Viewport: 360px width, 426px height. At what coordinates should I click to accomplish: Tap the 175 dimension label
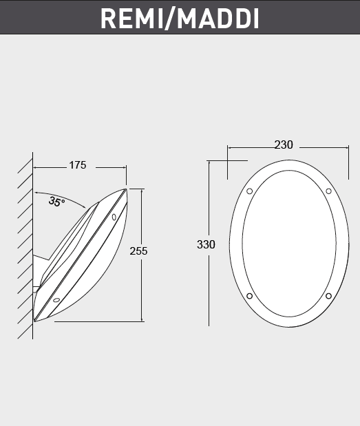77,165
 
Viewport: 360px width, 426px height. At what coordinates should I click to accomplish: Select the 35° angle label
56,202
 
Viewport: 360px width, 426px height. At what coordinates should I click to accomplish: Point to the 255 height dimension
138,251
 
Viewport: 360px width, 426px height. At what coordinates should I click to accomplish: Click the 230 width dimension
283,145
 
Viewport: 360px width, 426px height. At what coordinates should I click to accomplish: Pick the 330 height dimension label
206,244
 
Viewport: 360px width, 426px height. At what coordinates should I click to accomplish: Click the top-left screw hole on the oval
249,191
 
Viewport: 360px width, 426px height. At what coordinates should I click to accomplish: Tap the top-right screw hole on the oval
328,191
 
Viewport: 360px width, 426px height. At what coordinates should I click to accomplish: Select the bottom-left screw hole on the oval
249,297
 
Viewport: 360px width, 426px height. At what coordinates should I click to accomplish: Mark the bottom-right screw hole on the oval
328,297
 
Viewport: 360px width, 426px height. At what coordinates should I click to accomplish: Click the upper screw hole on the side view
114,217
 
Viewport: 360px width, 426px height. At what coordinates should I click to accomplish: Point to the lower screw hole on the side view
56,300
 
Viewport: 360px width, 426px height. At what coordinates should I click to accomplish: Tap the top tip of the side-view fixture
126,189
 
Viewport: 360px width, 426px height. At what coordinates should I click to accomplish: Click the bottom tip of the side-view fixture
34,320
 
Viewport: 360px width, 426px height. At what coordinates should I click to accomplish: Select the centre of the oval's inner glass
289,244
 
